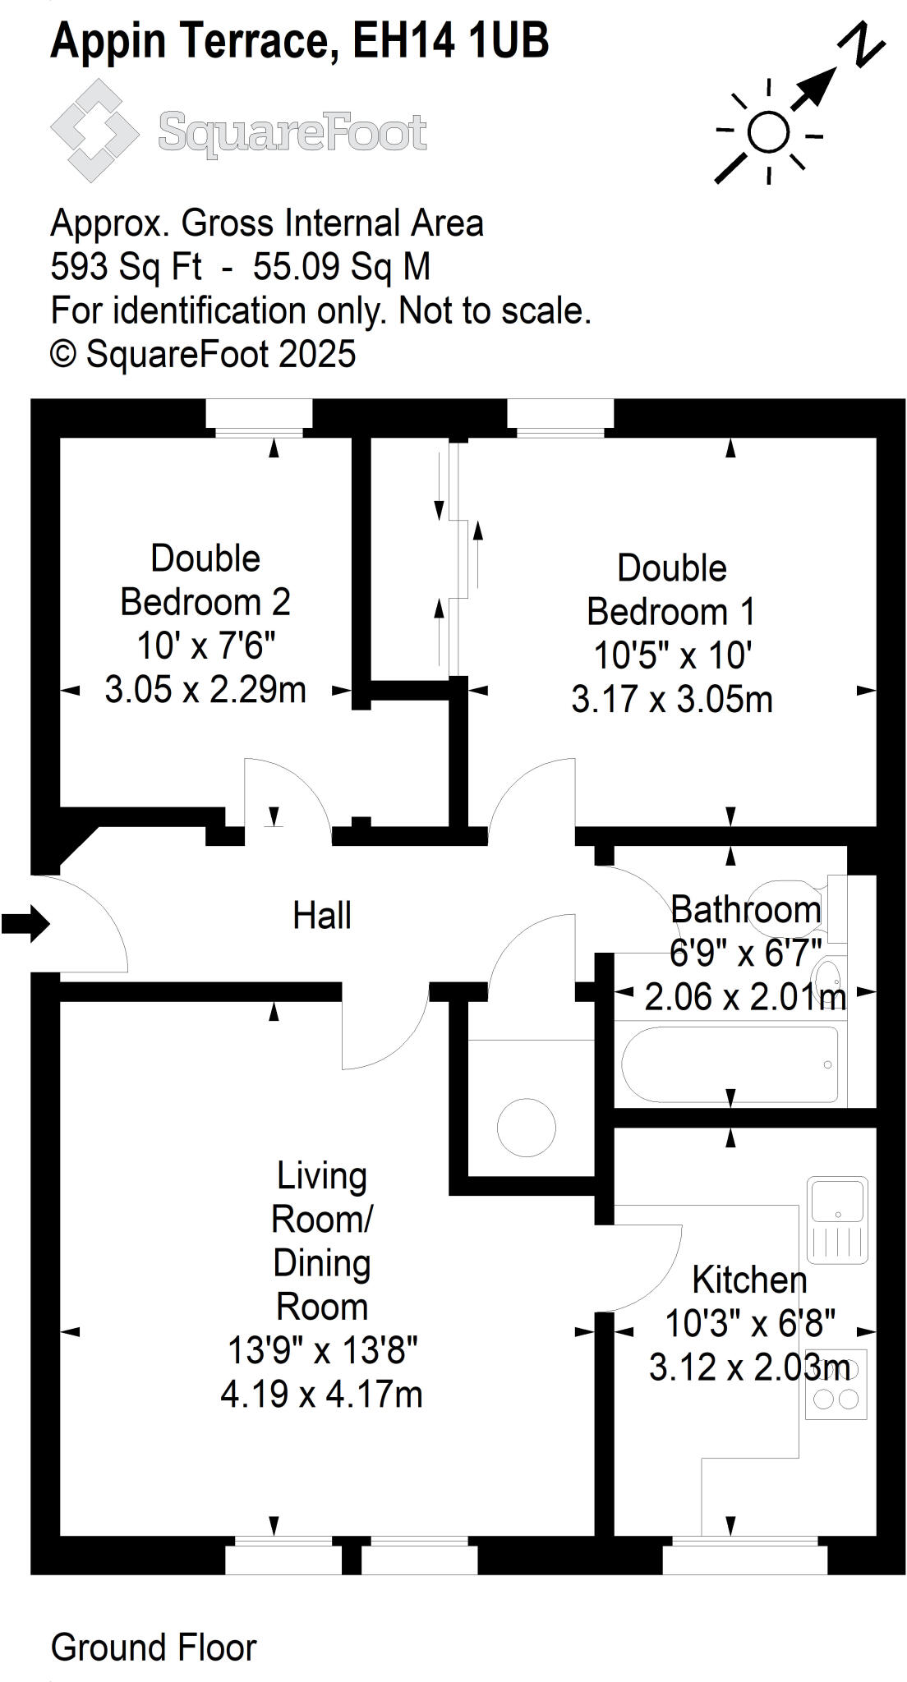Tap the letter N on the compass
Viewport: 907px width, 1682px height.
point(863,44)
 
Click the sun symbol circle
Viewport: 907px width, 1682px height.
point(769,132)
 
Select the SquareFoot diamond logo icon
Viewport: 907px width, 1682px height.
point(94,131)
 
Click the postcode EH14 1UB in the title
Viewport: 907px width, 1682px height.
point(450,41)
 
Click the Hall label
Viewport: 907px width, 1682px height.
point(321,915)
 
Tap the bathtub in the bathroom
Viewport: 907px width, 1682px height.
point(730,1064)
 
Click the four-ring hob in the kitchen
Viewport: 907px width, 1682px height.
point(836,1384)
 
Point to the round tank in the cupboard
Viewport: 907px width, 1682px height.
point(526,1127)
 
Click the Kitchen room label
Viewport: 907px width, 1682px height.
point(749,1280)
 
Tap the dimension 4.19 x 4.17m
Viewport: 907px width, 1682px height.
point(321,1395)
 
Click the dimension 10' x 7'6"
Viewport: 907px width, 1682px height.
point(205,646)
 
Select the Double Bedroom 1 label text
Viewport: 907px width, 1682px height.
point(671,590)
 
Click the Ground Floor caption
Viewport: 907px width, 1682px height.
point(154,1648)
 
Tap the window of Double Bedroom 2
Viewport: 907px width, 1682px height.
point(258,415)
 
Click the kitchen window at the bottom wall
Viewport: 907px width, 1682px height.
point(744,1556)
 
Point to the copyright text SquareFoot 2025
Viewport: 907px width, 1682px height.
point(203,354)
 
